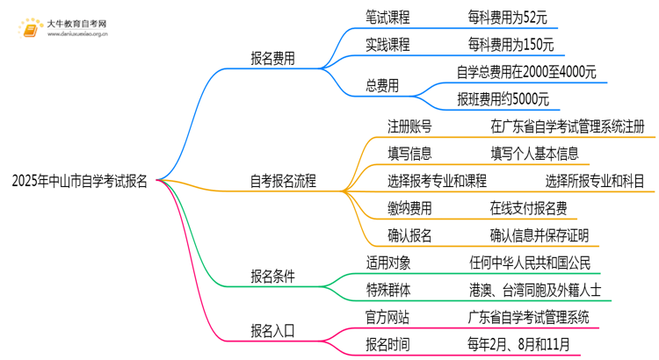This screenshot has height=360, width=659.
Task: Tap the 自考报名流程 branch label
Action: point(283,182)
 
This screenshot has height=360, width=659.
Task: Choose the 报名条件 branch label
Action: point(272,276)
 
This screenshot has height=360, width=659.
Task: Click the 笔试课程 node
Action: point(387,18)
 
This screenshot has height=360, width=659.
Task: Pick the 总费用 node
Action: point(380,85)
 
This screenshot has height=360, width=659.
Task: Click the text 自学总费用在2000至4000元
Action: point(526,72)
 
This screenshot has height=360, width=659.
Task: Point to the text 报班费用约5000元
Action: point(503,98)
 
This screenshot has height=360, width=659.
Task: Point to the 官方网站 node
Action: point(387,315)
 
